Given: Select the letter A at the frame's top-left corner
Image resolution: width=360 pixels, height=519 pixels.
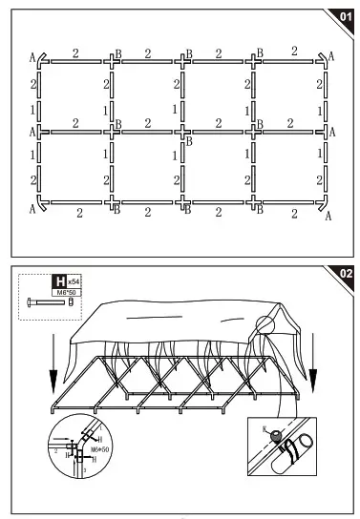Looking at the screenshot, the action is [32, 58].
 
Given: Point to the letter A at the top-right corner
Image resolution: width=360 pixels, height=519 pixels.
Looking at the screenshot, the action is [331, 57].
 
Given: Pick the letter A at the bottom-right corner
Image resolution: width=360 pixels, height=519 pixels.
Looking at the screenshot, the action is [328, 216].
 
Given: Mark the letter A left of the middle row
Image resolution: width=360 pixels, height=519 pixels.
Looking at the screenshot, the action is [32, 130].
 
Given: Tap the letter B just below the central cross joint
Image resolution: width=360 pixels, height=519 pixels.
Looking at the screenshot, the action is [190, 140].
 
